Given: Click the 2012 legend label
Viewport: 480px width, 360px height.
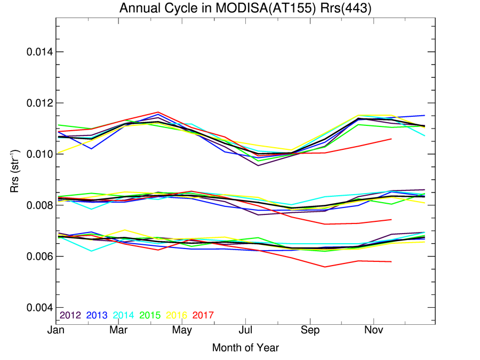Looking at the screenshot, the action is [70, 315].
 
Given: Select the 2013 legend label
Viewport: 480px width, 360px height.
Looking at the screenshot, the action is [97, 315].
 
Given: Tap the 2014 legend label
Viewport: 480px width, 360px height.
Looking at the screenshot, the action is [123, 315].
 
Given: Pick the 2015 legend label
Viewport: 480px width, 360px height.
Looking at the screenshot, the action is [150, 315].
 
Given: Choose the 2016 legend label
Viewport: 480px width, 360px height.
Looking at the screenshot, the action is [177, 315].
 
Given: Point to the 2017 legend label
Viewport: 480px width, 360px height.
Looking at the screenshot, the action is [203, 315].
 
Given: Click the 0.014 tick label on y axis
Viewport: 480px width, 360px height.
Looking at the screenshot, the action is [40, 52].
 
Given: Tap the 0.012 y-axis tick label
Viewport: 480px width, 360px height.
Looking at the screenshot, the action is [40, 103].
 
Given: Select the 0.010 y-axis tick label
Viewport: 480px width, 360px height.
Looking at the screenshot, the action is [40, 154].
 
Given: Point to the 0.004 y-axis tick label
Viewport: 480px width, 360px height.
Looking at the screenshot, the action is [40, 307].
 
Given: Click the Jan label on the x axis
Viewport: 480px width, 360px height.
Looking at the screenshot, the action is [55, 330].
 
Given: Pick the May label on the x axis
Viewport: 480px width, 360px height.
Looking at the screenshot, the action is [182, 330].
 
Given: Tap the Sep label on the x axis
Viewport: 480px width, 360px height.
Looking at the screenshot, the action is [310, 330].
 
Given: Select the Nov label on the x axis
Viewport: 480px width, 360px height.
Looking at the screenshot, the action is [374, 330].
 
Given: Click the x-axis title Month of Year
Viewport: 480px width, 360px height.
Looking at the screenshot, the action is [245, 348].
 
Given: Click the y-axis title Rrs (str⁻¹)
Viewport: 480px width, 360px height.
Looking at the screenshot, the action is [14, 171].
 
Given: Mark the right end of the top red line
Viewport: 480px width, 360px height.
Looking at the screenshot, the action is [391, 139].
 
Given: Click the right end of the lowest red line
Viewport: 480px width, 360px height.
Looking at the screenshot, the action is [391, 262].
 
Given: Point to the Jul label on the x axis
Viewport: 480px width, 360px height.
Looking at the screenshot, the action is [245, 330].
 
